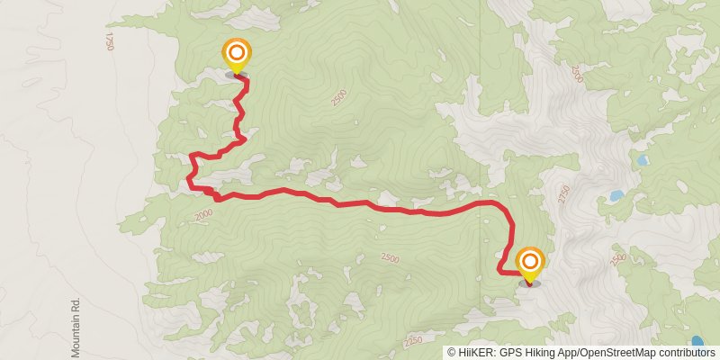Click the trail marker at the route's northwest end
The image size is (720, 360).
236,54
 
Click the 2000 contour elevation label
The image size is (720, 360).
202,214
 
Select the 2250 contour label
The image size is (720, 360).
413,342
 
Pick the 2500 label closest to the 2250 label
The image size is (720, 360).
389,258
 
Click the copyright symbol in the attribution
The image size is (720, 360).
451,353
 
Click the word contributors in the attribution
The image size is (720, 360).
686,353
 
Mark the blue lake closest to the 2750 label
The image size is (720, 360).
616,195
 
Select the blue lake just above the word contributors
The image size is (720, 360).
697,342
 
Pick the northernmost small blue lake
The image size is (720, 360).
643,160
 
